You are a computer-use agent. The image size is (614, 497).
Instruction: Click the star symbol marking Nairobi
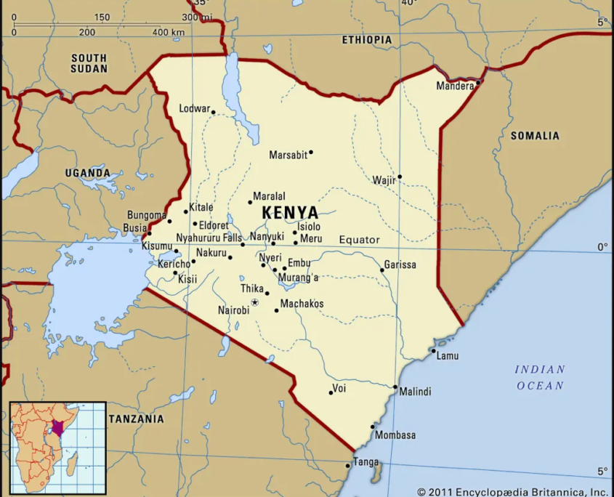254,302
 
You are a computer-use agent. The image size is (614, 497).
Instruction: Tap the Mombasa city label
395,435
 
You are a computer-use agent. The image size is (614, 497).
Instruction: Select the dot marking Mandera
478,84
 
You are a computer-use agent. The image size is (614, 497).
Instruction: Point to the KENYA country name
290,213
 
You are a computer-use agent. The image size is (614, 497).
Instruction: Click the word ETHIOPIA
367,40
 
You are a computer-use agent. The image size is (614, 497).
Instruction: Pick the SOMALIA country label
535,136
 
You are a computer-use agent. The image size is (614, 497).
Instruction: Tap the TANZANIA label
136,419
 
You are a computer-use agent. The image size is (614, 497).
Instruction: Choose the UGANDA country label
88,174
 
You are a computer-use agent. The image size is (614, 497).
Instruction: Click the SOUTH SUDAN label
89,63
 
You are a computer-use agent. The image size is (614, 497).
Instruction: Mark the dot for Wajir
399,177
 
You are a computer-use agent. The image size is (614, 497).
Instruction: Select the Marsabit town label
288,155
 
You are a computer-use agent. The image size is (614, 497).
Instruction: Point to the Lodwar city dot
213,112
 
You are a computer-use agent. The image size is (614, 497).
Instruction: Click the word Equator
360,240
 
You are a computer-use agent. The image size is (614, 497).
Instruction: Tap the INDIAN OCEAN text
540,377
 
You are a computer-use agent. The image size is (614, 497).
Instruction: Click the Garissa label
400,264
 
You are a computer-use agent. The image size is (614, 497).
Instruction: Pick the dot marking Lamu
433,351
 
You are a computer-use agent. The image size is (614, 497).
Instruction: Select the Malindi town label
415,392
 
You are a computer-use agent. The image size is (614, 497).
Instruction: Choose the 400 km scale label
169,32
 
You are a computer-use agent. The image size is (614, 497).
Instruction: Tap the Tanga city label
366,462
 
